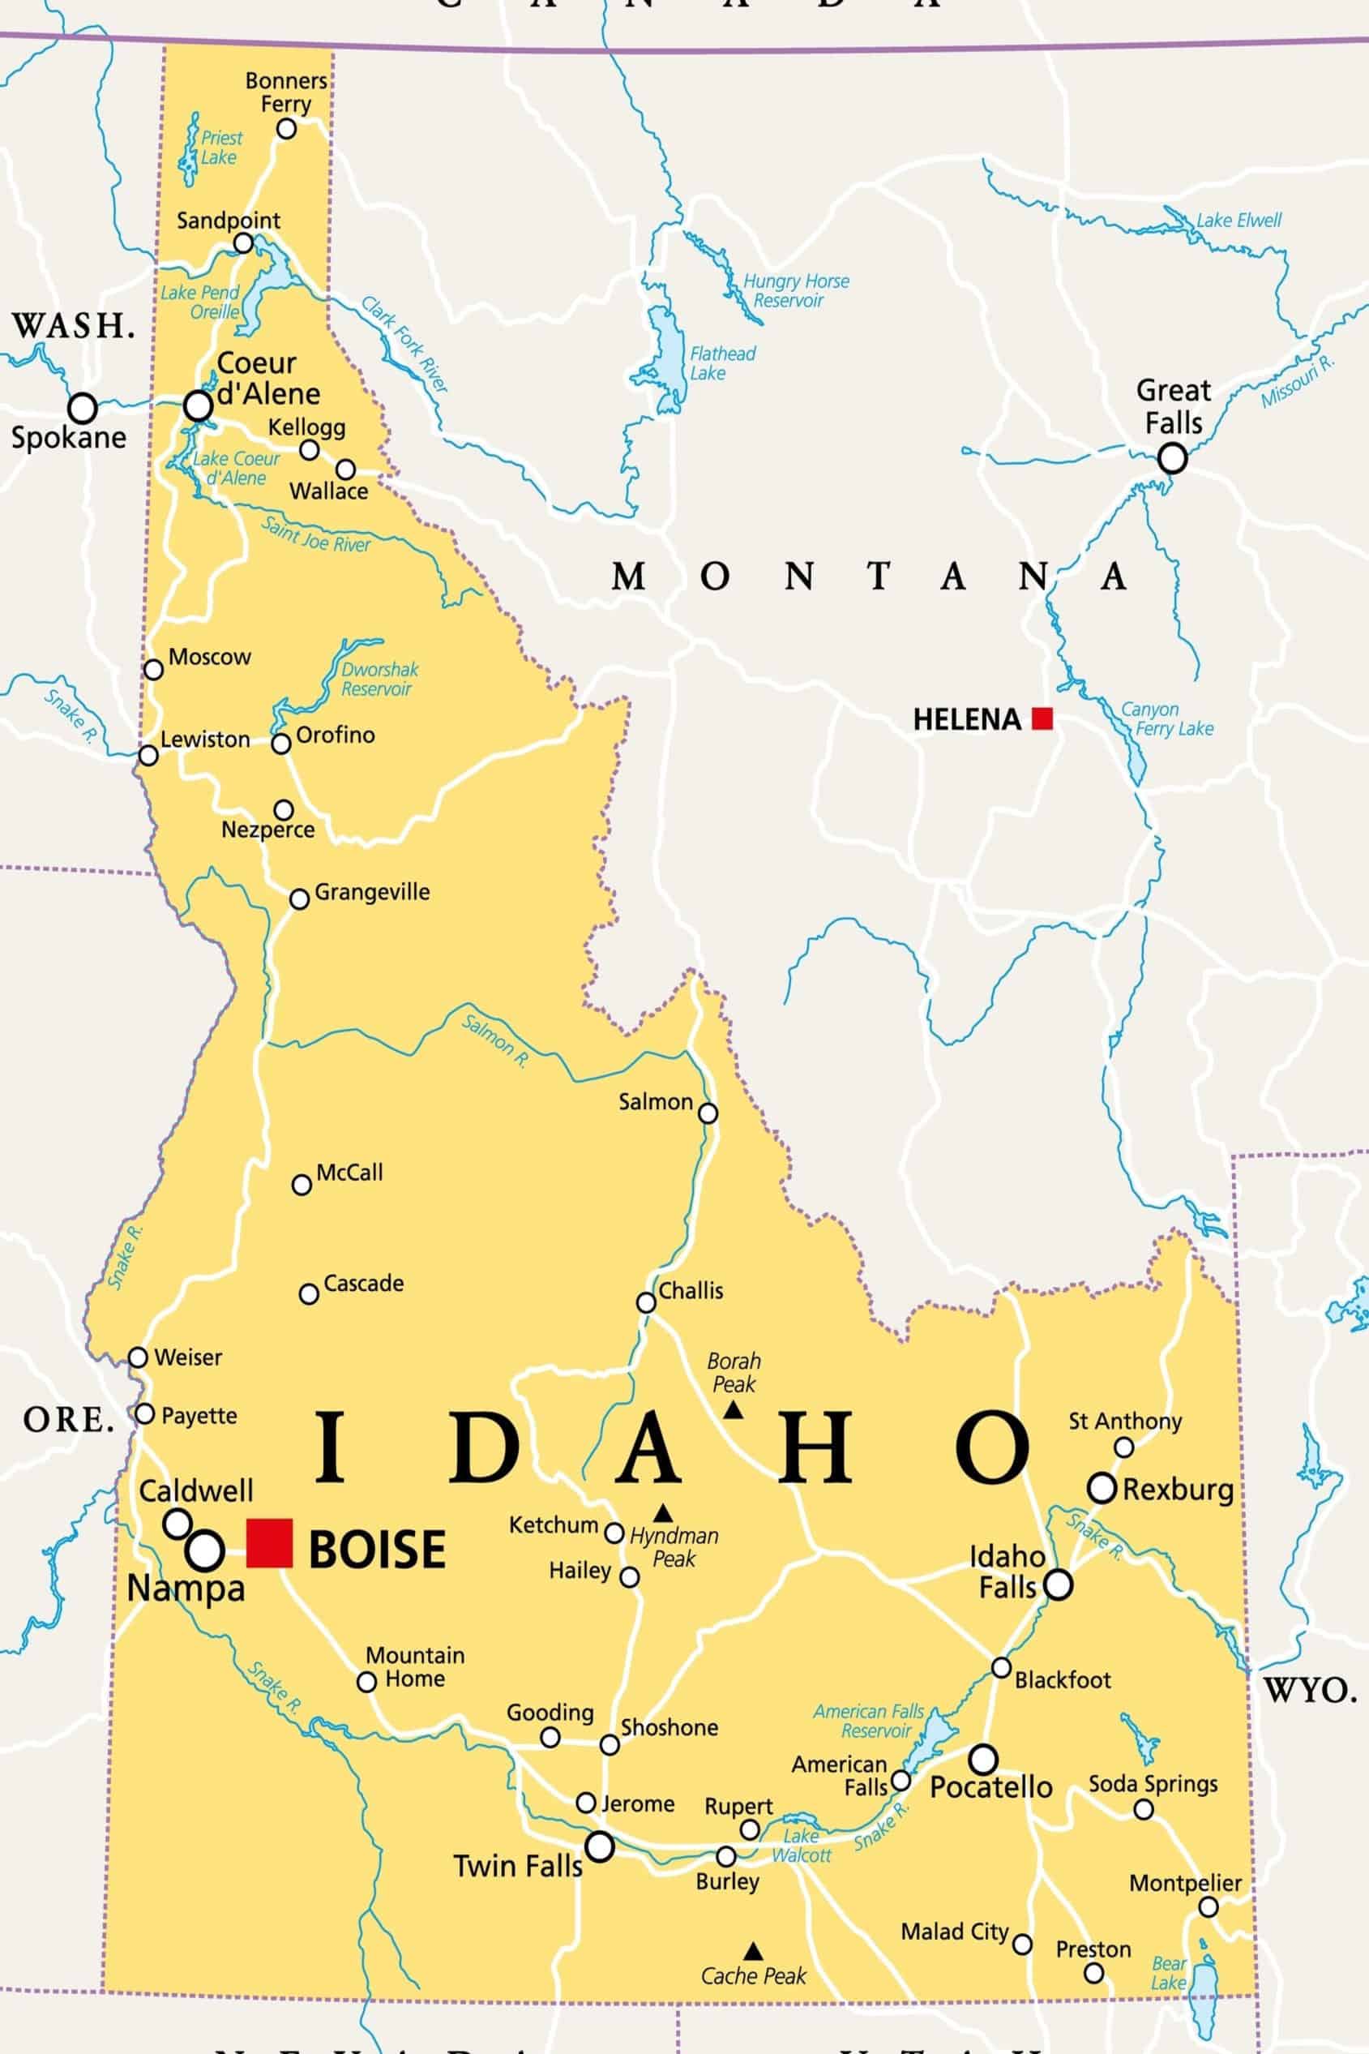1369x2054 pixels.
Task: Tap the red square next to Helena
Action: (1042, 718)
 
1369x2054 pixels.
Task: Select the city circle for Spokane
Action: (82, 407)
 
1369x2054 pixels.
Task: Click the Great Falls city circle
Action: (1172, 457)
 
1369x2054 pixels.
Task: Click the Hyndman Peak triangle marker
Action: (664, 1512)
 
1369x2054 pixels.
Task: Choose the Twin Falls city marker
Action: (600, 1846)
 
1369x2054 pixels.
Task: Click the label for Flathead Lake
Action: (722, 363)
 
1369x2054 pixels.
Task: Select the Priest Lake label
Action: (221, 148)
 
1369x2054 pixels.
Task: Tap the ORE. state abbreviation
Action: (69, 1420)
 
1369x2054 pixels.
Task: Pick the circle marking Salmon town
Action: (708, 1113)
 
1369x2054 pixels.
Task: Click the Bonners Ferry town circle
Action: (286, 129)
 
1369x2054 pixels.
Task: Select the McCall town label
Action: (349, 1172)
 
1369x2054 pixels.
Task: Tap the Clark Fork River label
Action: (405, 344)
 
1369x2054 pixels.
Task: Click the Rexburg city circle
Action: (1102, 1487)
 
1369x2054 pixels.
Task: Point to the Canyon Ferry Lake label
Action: (1166, 718)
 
